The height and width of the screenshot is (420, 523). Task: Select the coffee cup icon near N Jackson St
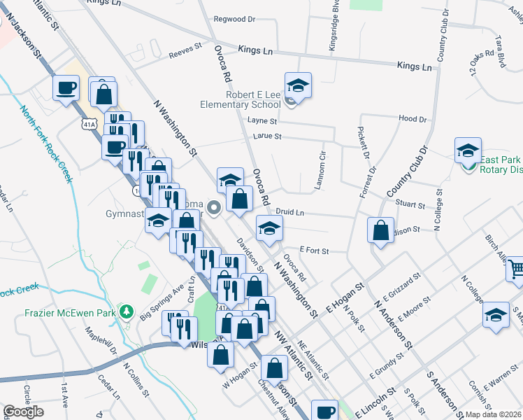click(66, 87)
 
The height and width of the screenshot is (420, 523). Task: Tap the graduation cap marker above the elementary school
click(299, 85)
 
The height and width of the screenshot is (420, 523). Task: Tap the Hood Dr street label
click(412, 119)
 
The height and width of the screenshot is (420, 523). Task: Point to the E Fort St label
click(313, 250)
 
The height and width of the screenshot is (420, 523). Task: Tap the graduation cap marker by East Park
click(468, 150)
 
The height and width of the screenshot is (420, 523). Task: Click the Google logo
click(23, 412)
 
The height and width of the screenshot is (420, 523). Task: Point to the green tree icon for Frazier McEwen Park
click(127, 311)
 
